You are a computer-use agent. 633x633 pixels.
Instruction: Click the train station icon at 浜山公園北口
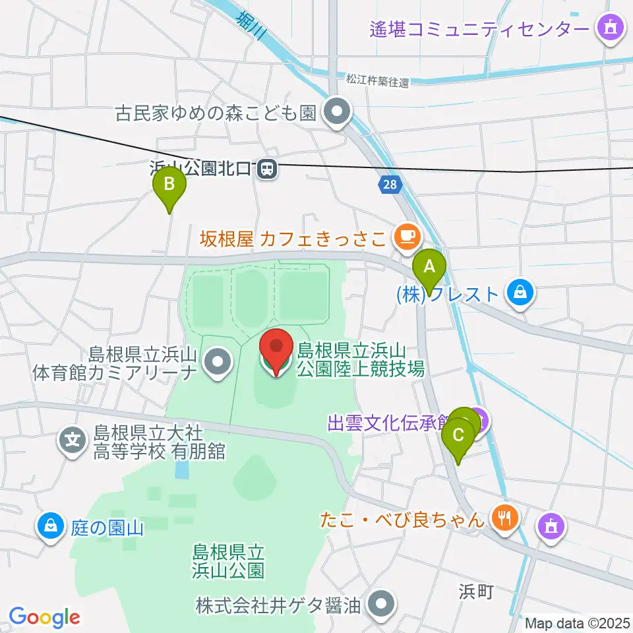(x=267, y=169)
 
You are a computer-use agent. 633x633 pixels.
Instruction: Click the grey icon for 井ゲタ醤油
(x=380, y=603)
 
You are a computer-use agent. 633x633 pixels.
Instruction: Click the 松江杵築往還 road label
(x=377, y=82)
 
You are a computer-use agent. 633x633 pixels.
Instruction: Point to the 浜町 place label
(x=476, y=592)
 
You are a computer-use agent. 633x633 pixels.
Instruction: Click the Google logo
(x=44, y=617)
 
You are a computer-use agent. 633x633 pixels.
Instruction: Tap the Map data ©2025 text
(x=577, y=622)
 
